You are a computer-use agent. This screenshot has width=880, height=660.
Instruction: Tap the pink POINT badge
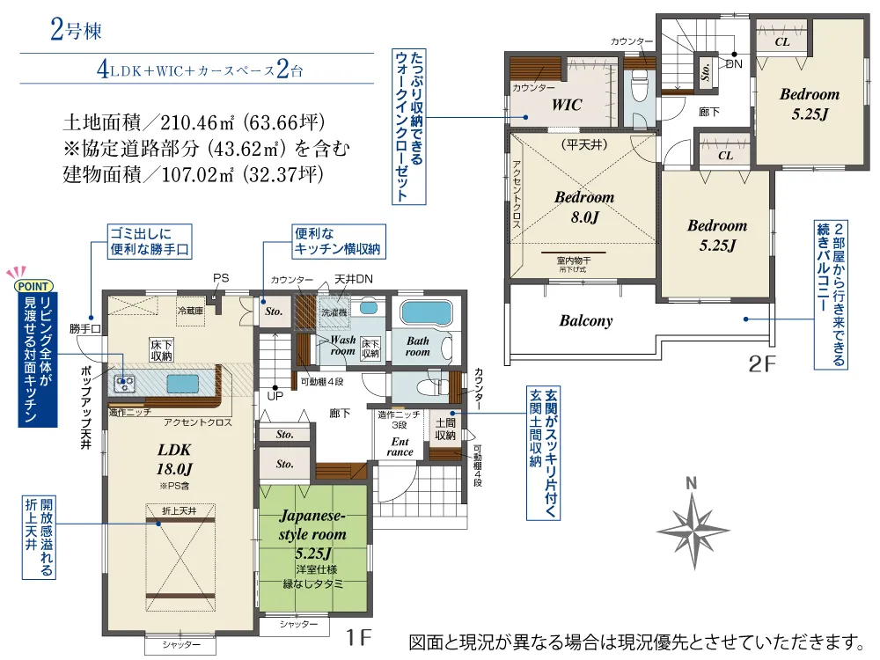pyautogui.click(x=33, y=285)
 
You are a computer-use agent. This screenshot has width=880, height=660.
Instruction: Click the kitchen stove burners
pyautogui.click(x=124, y=384)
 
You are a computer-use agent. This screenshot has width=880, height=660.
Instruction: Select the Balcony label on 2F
pyautogui.click(x=585, y=321)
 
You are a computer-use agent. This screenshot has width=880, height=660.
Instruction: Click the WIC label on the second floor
pyautogui.click(x=567, y=105)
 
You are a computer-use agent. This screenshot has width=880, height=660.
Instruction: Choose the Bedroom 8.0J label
pyautogui.click(x=583, y=206)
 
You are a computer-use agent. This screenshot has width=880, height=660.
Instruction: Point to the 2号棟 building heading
pyautogui.click(x=76, y=33)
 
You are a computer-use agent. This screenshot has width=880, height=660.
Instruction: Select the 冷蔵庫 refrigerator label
pyautogui.click(x=190, y=311)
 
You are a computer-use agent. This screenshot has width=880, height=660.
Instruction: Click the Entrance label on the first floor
pyautogui.click(x=400, y=446)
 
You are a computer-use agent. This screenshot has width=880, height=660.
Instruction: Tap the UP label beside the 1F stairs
pyautogui.click(x=274, y=397)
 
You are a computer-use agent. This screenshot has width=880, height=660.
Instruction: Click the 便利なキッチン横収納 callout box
pyautogui.click(x=338, y=241)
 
